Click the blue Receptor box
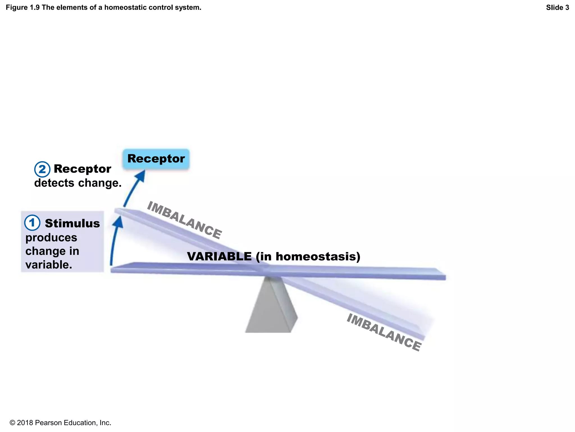tap(156, 159)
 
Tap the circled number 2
tap(42, 169)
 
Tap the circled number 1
tap(32, 223)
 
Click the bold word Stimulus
tap(72, 223)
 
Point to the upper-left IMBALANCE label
tap(184, 220)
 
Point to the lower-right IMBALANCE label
tap(384, 332)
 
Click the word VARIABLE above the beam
tap(219, 256)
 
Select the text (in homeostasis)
tap(308, 256)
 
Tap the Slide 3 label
tap(557, 8)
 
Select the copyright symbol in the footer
tap(12, 423)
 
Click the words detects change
tap(78, 183)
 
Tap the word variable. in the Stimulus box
tap(49, 265)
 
